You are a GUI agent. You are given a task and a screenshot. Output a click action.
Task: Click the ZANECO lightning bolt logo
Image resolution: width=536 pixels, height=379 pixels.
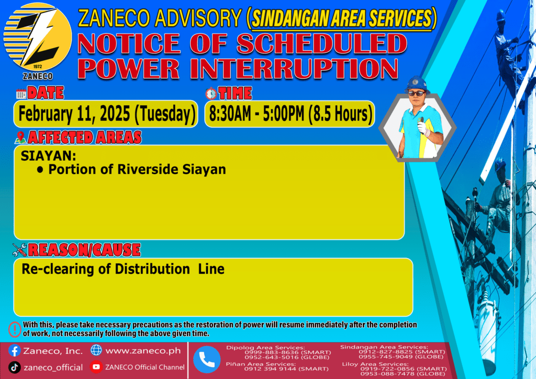tap(38, 37)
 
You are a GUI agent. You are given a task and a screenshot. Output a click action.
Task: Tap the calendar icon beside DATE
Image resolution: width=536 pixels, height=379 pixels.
tap(21, 94)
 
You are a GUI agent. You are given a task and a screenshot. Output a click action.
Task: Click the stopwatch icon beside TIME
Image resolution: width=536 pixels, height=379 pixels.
tap(211, 93)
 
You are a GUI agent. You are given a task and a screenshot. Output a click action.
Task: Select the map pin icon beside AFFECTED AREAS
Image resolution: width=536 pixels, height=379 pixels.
tap(20, 137)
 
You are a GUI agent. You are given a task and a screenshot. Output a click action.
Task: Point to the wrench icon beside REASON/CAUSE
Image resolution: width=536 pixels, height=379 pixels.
tap(19, 250)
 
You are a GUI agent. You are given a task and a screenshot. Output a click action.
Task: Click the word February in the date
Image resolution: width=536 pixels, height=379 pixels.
tap(45, 114)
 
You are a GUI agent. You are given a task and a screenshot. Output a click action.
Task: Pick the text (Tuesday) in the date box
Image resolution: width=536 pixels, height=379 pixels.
tap(165, 114)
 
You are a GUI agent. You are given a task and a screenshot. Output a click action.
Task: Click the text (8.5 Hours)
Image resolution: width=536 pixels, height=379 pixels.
tap(340, 114)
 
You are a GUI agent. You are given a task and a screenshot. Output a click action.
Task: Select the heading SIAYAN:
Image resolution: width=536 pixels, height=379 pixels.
tap(49, 156)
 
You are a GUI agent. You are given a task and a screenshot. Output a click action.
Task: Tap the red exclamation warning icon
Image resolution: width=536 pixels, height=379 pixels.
tap(15, 329)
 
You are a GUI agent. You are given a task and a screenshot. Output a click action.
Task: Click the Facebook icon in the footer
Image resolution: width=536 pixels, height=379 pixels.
tap(14, 351)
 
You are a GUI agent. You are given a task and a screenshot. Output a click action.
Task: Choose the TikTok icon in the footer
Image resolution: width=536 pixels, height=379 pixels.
tap(14, 367)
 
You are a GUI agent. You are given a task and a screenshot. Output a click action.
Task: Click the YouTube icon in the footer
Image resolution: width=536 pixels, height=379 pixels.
tap(96, 366)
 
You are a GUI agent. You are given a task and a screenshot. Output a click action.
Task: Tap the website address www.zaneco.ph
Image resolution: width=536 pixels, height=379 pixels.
tap(143, 351)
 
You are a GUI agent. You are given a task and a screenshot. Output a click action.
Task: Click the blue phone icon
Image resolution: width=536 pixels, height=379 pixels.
tap(207, 360)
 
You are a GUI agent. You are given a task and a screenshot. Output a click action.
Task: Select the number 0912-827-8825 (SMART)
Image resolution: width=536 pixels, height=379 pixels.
tap(401, 352)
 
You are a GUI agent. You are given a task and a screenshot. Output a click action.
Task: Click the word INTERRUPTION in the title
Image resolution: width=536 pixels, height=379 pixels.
tap(294, 69)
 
